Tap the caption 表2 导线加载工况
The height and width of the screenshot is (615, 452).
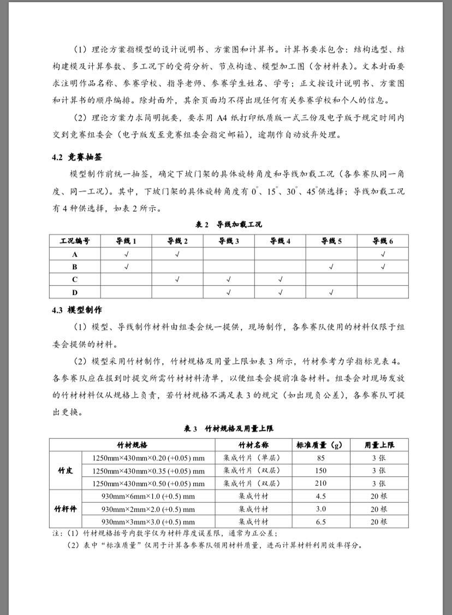click(229, 225)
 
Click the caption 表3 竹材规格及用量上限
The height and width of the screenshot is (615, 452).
click(229, 429)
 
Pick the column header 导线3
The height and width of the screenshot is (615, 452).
click(229, 241)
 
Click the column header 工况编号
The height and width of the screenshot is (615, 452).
click(75, 241)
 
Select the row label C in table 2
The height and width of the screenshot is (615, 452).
click(75, 280)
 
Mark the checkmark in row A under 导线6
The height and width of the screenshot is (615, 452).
click(383, 254)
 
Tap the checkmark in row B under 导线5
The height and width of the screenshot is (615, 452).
click(331, 267)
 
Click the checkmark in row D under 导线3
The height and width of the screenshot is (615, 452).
click(229, 293)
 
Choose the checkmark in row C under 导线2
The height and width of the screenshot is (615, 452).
click(177, 280)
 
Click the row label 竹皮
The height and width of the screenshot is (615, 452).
click(66, 470)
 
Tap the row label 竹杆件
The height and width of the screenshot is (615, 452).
click(66, 509)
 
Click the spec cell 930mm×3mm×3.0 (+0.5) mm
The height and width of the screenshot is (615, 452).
click(148, 522)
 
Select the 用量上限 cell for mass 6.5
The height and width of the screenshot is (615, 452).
click(379, 522)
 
